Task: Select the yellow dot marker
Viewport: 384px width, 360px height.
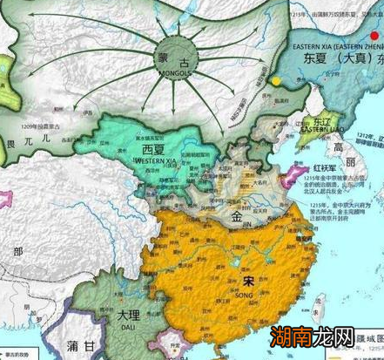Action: point(276,80)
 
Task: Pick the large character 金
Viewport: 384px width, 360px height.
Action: point(237,212)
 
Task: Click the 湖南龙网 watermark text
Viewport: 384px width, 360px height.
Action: point(323,332)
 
